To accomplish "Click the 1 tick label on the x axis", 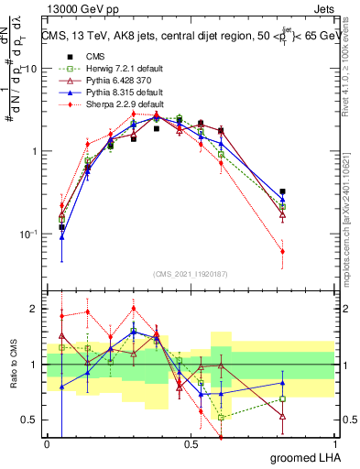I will (x=338, y=443).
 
